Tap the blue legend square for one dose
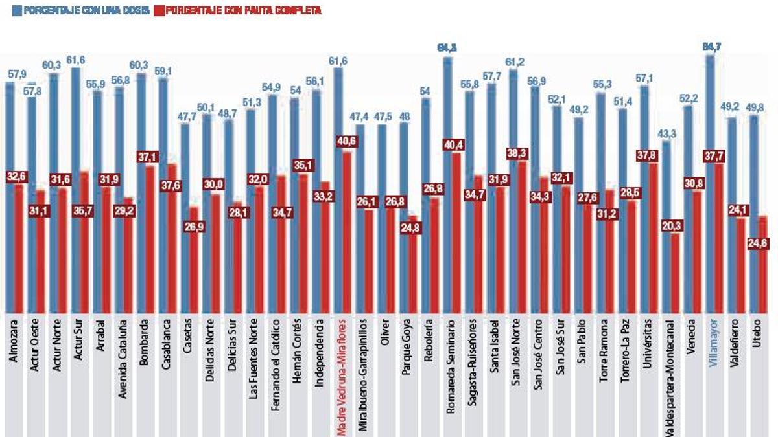point(16,11)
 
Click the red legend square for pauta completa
point(159,11)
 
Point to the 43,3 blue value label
point(666,133)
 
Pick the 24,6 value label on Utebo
point(754,242)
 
